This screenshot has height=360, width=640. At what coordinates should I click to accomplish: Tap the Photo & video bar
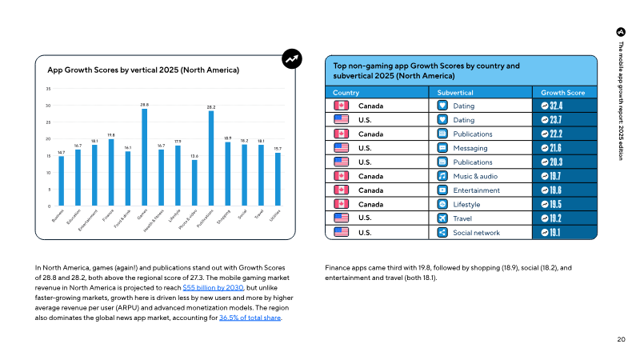[194, 183]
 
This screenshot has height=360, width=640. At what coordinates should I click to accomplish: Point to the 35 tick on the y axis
[48, 89]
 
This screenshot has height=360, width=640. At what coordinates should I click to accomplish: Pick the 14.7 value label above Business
[61, 151]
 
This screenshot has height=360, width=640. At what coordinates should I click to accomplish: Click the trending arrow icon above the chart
[293, 58]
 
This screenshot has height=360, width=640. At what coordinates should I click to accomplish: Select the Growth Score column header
[564, 92]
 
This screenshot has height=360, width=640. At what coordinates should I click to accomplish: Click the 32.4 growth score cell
[564, 106]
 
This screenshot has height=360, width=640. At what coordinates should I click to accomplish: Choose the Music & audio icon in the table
[442, 176]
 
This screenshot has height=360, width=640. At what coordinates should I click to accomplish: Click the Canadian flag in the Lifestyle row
[341, 204]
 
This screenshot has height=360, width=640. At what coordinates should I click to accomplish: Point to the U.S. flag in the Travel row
[341, 218]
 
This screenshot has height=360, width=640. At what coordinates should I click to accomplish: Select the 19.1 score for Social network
[564, 233]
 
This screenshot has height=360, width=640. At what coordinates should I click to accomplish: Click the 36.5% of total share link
[250, 318]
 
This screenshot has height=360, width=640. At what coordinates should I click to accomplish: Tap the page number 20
[621, 340]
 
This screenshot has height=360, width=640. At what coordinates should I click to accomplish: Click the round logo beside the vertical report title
[621, 32]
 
